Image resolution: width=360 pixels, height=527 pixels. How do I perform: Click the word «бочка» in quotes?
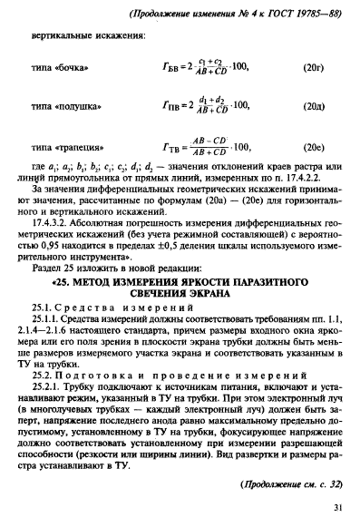(88, 67)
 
